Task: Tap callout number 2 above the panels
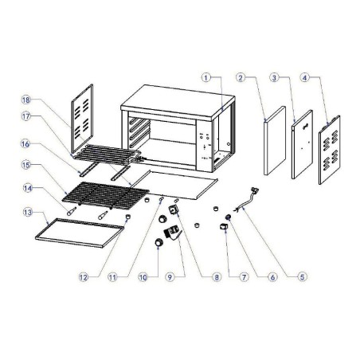click(x=240, y=77)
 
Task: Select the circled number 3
click(x=275, y=77)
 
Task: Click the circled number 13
click(x=28, y=213)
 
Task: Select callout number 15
click(x=28, y=166)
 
